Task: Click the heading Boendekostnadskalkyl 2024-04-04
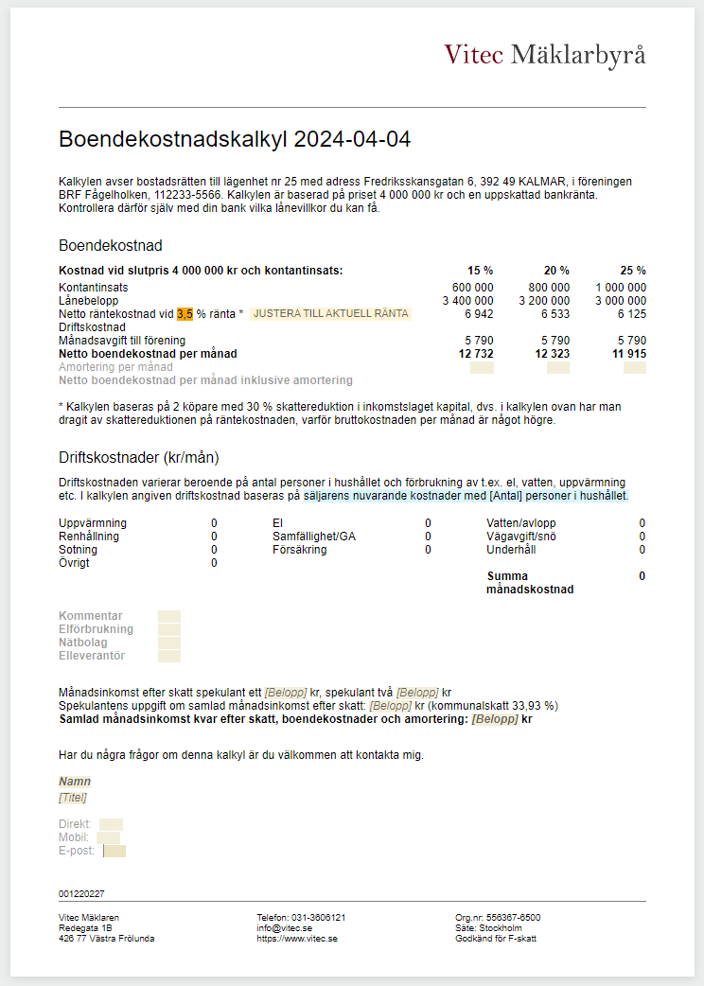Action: click(x=235, y=139)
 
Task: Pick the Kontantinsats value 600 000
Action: click(x=473, y=288)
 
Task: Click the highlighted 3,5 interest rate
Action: click(x=185, y=313)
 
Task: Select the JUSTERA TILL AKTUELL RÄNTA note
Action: click(x=331, y=313)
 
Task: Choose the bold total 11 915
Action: click(x=628, y=354)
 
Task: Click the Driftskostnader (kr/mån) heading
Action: click(x=138, y=458)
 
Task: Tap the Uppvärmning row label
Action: click(x=93, y=523)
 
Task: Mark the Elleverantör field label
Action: click(x=92, y=656)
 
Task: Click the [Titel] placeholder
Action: click(x=73, y=798)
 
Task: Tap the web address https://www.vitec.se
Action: click(x=297, y=939)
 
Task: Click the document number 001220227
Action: click(x=81, y=894)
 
